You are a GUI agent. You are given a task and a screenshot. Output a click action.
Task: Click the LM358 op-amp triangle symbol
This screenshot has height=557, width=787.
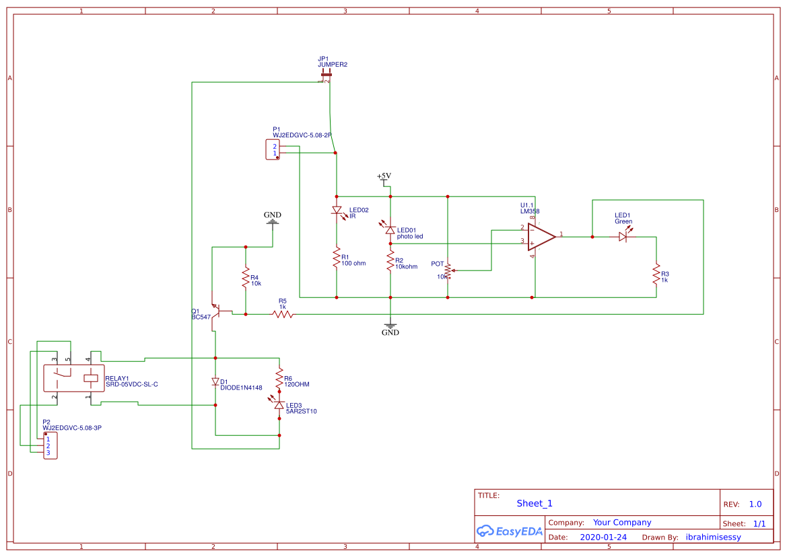tap(540, 236)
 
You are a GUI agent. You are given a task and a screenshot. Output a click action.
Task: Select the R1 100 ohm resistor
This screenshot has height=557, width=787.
tap(336, 259)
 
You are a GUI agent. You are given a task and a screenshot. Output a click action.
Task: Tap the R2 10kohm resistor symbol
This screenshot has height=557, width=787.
tap(390, 261)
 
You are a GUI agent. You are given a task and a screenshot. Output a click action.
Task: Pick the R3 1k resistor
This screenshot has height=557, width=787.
tap(656, 274)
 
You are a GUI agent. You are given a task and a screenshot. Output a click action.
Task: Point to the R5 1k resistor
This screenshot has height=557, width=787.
tap(283, 313)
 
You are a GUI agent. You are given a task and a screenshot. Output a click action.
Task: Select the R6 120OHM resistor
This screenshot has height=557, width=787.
tap(279, 380)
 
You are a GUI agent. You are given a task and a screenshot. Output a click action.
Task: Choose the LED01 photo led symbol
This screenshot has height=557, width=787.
tap(390, 229)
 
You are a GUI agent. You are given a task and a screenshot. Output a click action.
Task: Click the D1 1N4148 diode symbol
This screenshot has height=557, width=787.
tap(215, 382)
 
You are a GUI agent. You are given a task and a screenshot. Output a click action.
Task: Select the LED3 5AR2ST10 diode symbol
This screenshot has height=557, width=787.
tap(279, 405)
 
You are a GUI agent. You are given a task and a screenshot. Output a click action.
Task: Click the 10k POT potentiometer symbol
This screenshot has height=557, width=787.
tap(448, 270)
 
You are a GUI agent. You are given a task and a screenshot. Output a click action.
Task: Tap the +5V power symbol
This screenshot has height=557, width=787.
tap(384, 178)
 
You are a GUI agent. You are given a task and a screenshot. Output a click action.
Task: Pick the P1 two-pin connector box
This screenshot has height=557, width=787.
tap(273, 149)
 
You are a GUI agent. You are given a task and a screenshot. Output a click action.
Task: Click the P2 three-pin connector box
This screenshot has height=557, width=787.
tap(50, 445)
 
